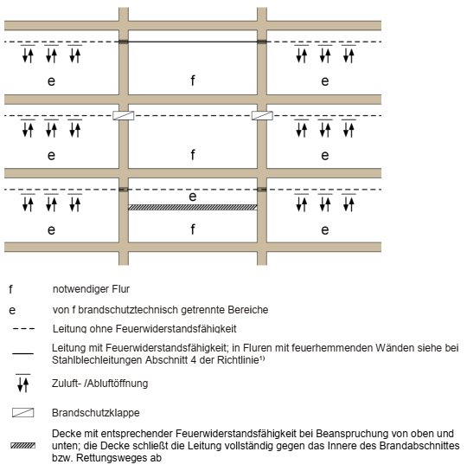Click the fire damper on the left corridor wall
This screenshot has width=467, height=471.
[x=124, y=115]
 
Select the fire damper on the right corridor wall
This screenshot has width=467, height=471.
[x=262, y=115]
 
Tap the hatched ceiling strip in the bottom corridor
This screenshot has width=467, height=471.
[x=193, y=207]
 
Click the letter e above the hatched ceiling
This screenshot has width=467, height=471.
[x=193, y=197]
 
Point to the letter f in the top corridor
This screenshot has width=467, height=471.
[x=193, y=81]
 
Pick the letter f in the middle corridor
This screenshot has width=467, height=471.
[x=193, y=155]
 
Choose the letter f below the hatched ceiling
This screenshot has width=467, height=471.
[x=193, y=229]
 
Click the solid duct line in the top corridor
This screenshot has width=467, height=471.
[x=193, y=42]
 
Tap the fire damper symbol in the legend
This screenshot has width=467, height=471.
[x=22, y=413]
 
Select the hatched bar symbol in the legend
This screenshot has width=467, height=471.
[x=22, y=446]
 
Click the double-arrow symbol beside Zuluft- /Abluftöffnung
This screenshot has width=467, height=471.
[x=23, y=384]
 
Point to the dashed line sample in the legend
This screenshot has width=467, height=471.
[x=23, y=329]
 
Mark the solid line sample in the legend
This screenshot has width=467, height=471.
[x=22, y=353]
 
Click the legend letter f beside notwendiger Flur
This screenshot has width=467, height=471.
[x=10, y=289]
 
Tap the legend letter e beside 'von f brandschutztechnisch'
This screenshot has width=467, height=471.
[x=12, y=310]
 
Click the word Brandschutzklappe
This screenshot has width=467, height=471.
[x=96, y=413]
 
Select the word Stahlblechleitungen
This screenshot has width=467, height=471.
[x=98, y=360]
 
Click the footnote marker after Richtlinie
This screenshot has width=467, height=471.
[x=262, y=358]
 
